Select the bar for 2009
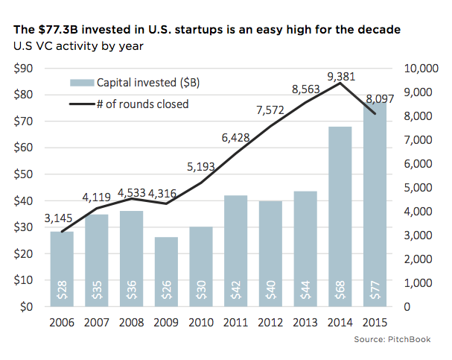coord(166,271)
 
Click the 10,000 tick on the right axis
coord(421,69)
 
